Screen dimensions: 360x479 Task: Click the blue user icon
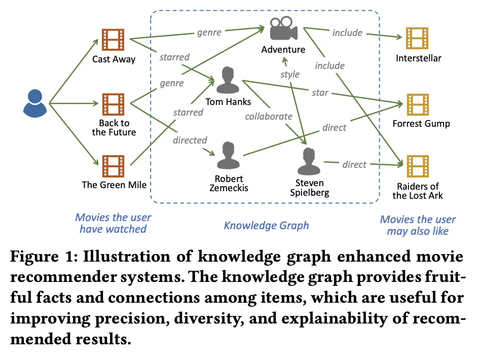35,102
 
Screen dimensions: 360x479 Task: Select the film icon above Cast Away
113,39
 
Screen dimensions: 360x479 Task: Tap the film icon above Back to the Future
113,104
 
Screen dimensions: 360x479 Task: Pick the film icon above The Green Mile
113,166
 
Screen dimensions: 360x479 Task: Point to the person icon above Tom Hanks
228,80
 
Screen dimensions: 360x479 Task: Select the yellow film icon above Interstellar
418,39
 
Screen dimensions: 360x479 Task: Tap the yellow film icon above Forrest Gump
418,104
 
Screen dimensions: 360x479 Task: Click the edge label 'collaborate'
269,117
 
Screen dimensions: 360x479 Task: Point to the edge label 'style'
290,75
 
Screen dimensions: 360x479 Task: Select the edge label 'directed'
190,140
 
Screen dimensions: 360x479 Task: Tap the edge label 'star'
320,93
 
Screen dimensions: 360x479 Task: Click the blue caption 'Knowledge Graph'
266,225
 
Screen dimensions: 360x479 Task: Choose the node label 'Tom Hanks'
228,102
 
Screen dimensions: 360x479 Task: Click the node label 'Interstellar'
419,58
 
